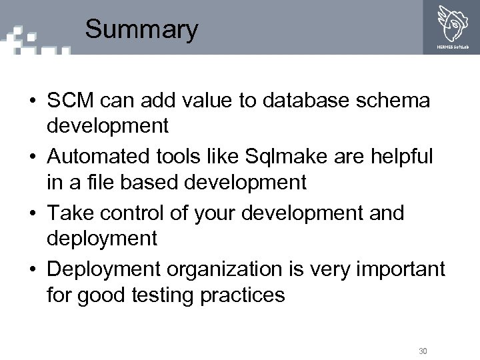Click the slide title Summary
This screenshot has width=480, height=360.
pyautogui.click(x=141, y=30)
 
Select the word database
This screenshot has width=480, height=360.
pyautogui.click(x=307, y=101)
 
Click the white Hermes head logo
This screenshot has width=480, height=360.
pyautogui.click(x=452, y=23)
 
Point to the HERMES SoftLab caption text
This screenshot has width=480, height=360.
pyautogui.click(x=452, y=47)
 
